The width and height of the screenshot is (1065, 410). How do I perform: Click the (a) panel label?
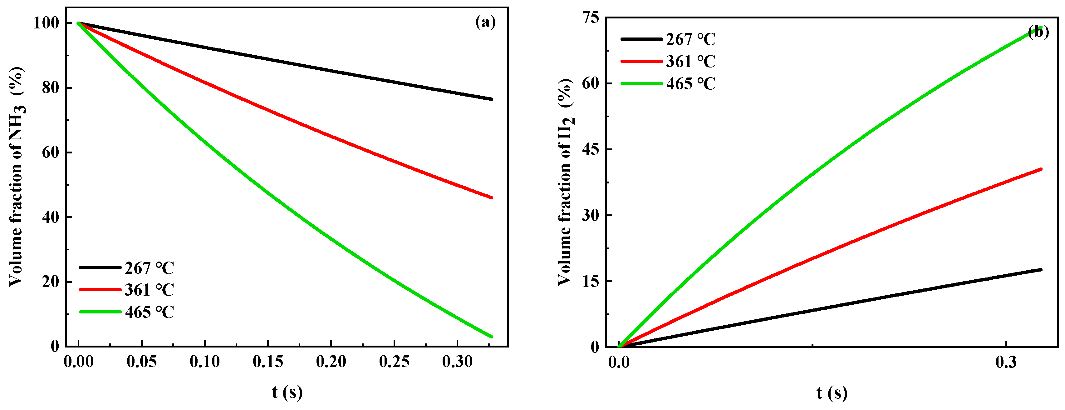pos(485,22)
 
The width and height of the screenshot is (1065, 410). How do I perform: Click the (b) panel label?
pos(1038,32)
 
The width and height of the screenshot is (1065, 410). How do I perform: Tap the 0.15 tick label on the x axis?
pos(268,362)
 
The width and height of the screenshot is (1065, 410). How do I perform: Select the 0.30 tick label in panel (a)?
pos(457,362)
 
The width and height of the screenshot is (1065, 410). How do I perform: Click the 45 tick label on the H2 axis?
pos(590,149)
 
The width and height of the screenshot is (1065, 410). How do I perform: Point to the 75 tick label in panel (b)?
pos(590,18)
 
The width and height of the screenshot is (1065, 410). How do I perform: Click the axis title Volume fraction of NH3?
pos(17,176)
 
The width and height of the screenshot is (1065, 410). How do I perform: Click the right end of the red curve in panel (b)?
pos(1041,169)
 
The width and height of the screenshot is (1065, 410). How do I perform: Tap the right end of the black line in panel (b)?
pos(1041,270)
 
